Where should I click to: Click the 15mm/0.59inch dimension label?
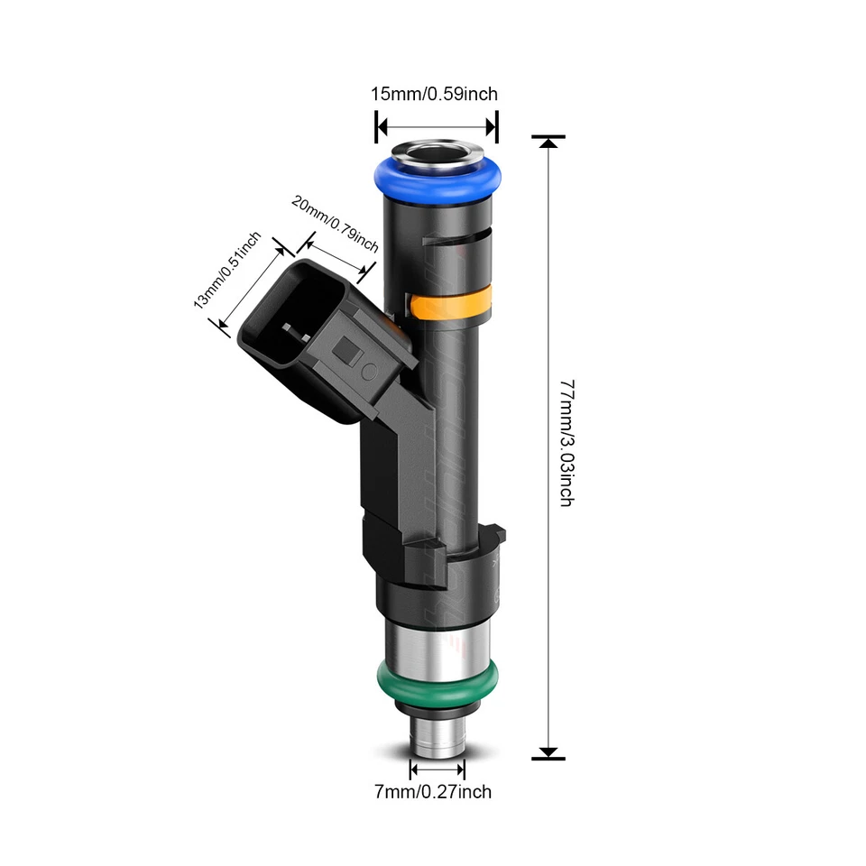tap(434, 94)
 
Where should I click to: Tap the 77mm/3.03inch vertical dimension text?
tap(566, 442)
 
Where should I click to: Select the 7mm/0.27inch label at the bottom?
tap(434, 792)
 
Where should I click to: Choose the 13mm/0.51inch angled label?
tap(227, 270)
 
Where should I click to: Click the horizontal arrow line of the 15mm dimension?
tap(437, 126)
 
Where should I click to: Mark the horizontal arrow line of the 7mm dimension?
tap(438, 769)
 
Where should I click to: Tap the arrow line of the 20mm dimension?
tap(336, 254)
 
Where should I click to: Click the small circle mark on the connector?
tap(367, 370)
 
